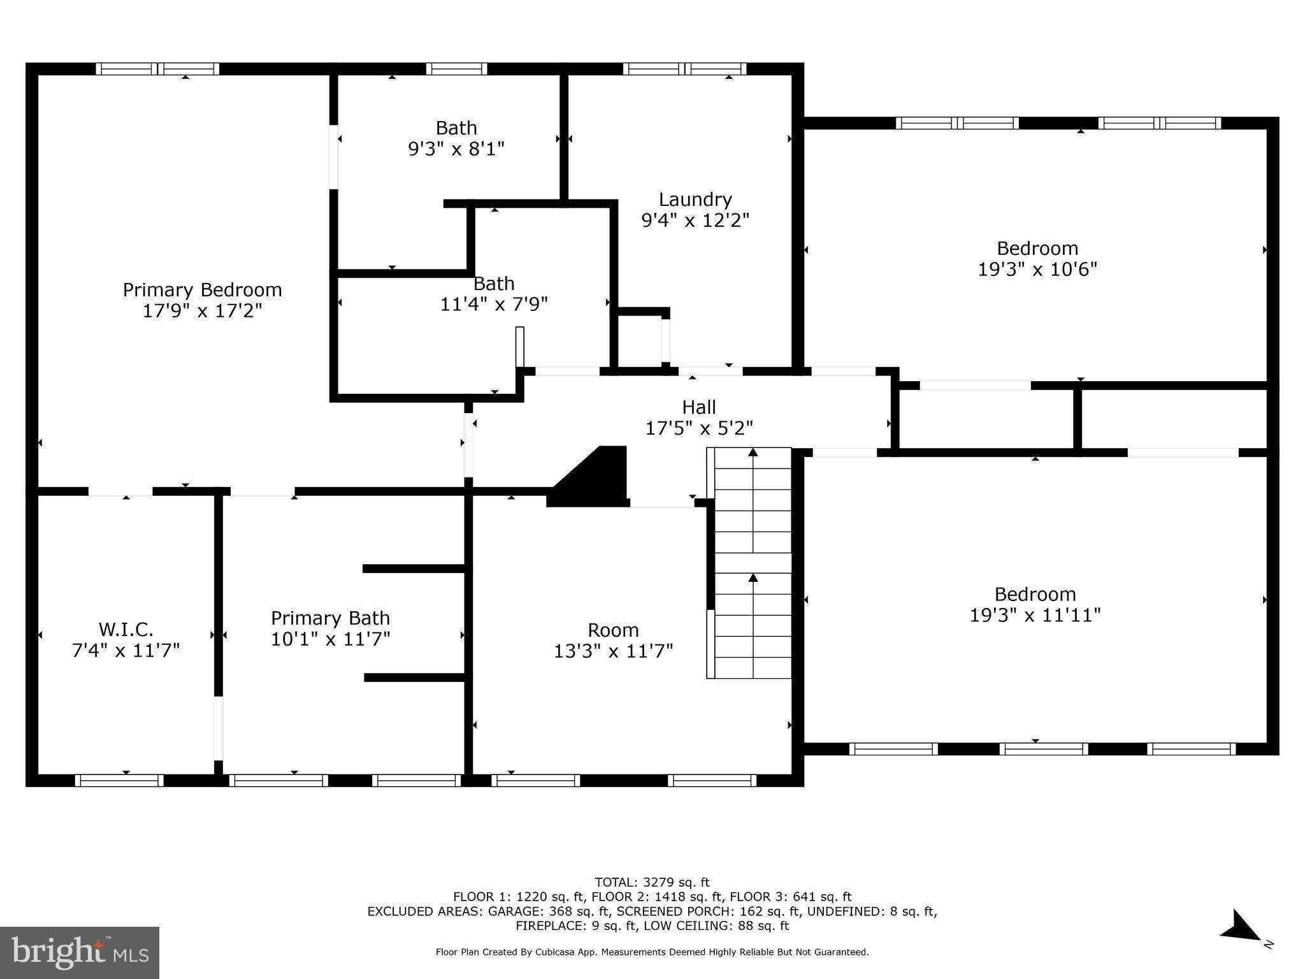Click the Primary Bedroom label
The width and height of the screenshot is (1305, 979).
(x=202, y=290)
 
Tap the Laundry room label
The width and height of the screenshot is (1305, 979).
(x=695, y=199)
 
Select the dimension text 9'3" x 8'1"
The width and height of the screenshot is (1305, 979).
(x=456, y=149)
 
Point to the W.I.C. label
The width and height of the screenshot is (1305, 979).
(x=126, y=630)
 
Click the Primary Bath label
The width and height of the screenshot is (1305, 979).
(x=330, y=618)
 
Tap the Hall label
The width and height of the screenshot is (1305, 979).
(x=698, y=407)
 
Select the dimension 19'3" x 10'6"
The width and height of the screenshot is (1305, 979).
(x=1037, y=270)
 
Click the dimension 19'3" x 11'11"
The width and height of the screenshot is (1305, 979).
(x=1035, y=616)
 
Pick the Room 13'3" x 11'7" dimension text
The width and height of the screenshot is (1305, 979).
(x=613, y=651)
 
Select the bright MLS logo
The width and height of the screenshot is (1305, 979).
(x=80, y=952)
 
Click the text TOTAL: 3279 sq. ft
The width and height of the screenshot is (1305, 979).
(x=652, y=883)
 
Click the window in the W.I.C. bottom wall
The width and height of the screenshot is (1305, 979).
(x=119, y=781)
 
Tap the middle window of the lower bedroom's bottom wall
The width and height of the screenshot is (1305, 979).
(x=1043, y=750)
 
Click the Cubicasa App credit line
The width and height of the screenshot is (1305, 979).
(x=652, y=952)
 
